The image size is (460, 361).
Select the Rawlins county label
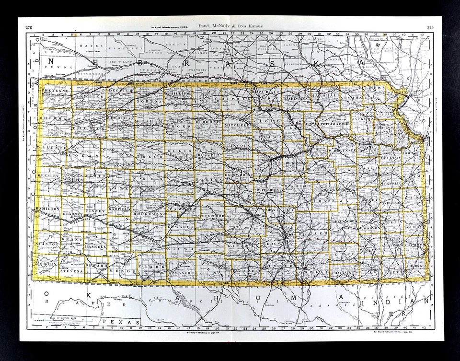(x=88, y=96)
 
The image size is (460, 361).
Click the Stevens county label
(x=72, y=271)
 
